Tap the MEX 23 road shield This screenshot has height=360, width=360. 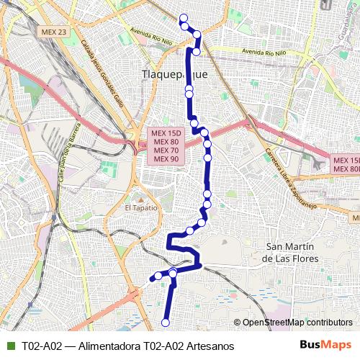54,32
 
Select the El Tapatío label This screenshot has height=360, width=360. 140,207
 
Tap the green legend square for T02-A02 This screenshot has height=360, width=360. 10,346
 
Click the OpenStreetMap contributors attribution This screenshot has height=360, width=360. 297,323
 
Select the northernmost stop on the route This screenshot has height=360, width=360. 183,19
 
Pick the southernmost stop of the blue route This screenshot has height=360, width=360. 166,322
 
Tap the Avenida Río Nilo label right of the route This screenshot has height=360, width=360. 265,53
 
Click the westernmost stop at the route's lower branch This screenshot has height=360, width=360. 154,277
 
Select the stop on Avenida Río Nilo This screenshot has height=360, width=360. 196,51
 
